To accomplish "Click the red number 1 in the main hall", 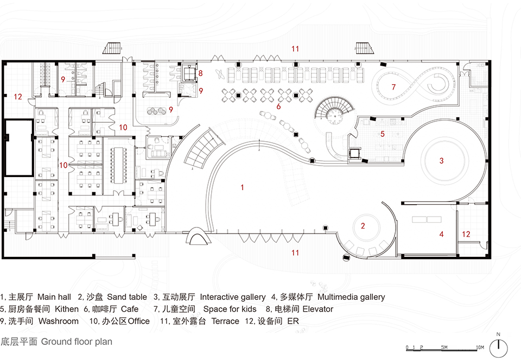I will (243, 187).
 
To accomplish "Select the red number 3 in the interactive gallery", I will (442, 160).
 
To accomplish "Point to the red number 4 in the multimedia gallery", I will (441, 234).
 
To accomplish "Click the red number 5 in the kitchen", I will (382, 134).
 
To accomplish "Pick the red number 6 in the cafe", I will (278, 106).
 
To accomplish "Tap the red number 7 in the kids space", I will (393, 87).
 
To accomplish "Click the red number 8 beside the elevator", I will (200, 73).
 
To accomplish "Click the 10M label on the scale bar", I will (479, 347).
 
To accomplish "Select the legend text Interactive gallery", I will (233, 297).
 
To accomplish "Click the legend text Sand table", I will (127, 297).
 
